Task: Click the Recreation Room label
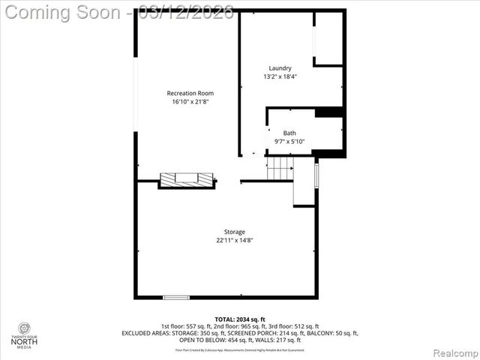pos(185,93)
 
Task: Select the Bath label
pos(289,133)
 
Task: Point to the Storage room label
pos(235,232)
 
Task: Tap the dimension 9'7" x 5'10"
pos(289,142)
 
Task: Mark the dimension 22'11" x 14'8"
pos(235,241)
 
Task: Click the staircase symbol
pos(279,169)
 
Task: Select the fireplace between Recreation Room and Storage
pos(187,179)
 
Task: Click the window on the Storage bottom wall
pos(176,298)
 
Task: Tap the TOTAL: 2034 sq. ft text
pos(240,319)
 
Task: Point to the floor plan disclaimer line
pos(240,349)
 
